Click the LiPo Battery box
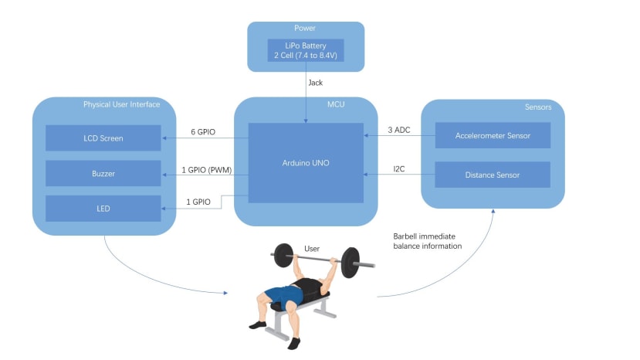[306, 50]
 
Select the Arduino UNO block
[306, 163]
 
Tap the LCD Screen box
[103, 138]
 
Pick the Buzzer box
[103, 173]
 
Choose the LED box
[103, 209]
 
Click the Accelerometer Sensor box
[493, 135]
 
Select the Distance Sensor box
[493, 175]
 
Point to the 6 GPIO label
[203, 132]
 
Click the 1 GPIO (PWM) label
[207, 170]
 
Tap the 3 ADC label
[399, 130]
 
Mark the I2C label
[399, 168]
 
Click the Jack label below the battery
[316, 83]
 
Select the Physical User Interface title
[122, 104]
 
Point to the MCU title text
[336, 104]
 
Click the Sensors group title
[538, 107]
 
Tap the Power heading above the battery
[305, 28]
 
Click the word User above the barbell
[312, 249]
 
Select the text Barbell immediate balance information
[428, 241]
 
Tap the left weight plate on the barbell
[283, 256]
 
